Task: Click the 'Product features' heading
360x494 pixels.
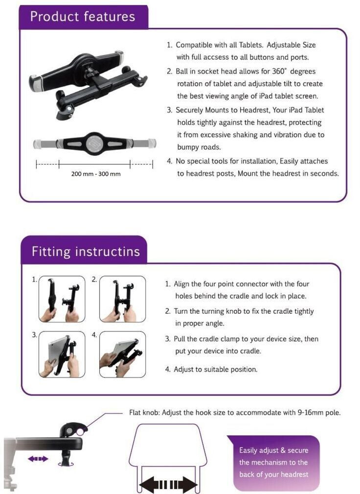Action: (83, 17)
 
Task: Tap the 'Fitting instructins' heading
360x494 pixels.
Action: (86, 252)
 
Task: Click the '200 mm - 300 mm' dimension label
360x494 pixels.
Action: (96, 174)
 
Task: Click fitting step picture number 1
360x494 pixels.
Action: (62, 299)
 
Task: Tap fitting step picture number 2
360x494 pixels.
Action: (122, 299)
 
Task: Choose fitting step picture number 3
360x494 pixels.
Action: (62, 354)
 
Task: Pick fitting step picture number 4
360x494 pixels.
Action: (122, 354)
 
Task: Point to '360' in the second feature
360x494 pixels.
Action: (278, 71)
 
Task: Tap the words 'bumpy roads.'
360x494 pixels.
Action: (199, 147)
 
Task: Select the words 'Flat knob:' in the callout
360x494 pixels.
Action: (144, 413)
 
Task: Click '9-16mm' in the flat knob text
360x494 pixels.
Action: (310, 413)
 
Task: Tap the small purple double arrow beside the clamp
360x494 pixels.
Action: (38, 459)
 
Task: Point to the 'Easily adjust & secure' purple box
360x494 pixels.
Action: (273, 462)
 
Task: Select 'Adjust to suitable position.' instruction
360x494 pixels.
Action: (216, 369)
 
